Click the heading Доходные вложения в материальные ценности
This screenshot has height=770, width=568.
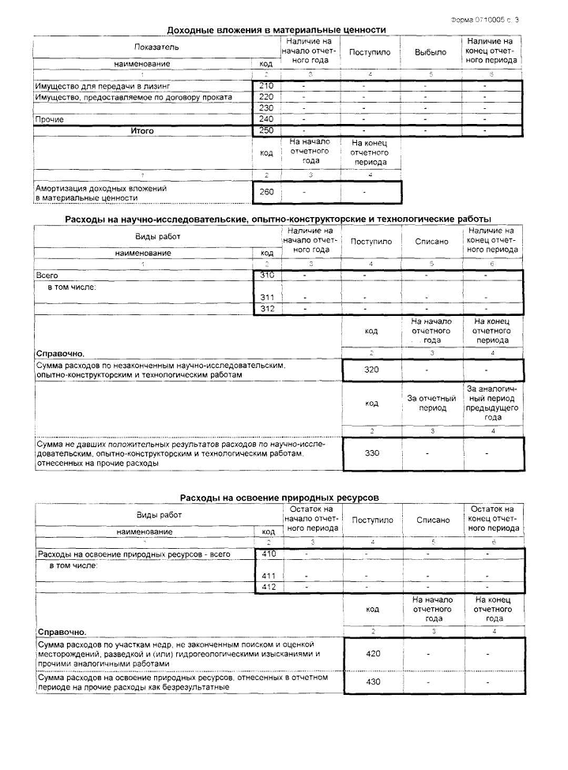pyautogui.click(x=276, y=30)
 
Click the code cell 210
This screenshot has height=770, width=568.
pyautogui.click(x=266, y=85)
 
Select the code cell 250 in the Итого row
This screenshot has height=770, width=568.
pyautogui.click(x=266, y=130)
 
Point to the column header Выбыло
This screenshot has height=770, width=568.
pyautogui.click(x=431, y=52)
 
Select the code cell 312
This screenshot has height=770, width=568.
pyautogui.click(x=267, y=309)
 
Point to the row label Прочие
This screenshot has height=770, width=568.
pyautogui.click(x=49, y=119)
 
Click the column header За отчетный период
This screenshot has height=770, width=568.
pyautogui.click(x=432, y=403)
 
